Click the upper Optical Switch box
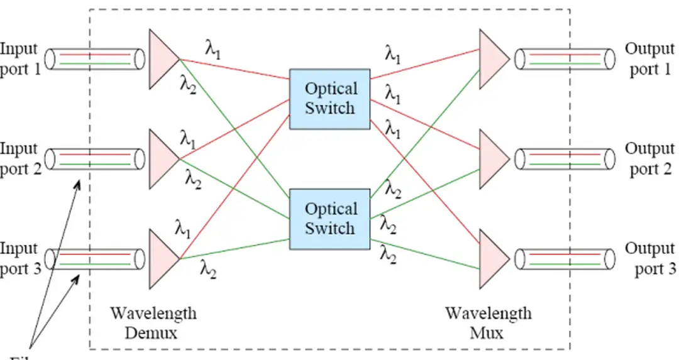pyautogui.click(x=329, y=99)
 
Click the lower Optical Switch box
pyautogui.click(x=329, y=218)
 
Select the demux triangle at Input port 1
pyautogui.click(x=162, y=59)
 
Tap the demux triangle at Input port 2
pyautogui.click(x=162, y=159)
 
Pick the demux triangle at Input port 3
pyautogui.click(x=162, y=258)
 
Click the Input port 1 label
pyautogui.click(x=20, y=58)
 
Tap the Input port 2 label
pyautogui.click(x=20, y=158)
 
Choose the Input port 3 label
pyautogui.click(x=20, y=258)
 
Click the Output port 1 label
pyautogui.click(x=650, y=58)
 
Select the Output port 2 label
pyautogui.click(x=650, y=158)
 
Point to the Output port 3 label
pyautogui.click(x=650, y=258)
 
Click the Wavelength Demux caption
pyautogui.click(x=153, y=322)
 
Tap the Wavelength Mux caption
pyautogui.click(x=488, y=322)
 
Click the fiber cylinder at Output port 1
pyautogui.click(x=565, y=59)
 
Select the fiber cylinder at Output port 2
pyautogui.click(x=565, y=159)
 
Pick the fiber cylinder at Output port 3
pyautogui.click(x=565, y=259)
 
